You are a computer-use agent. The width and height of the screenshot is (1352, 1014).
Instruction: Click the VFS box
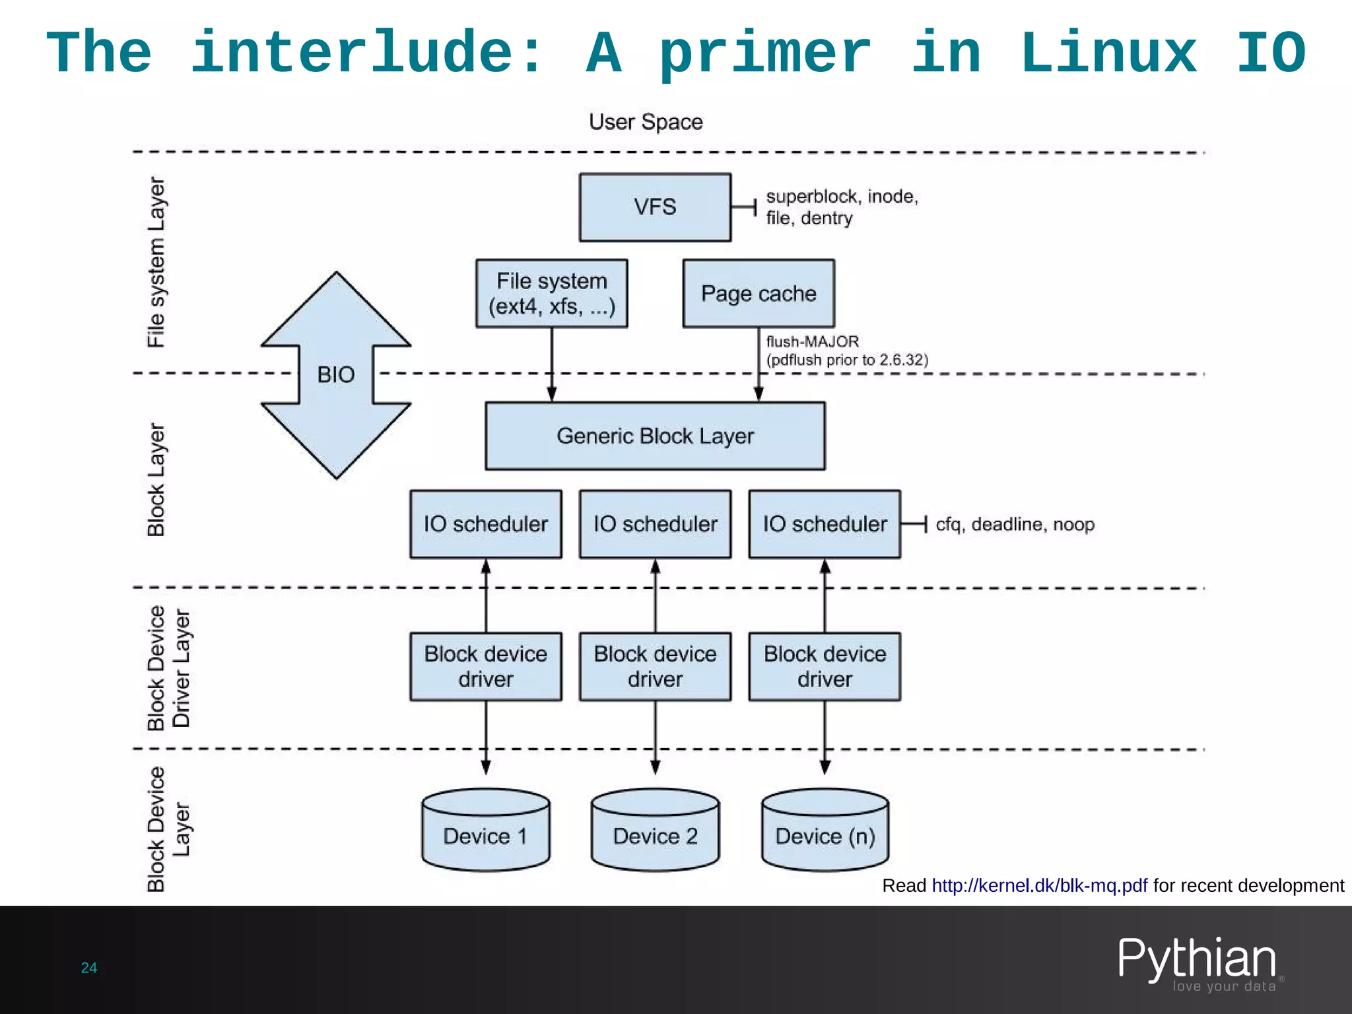click(655, 207)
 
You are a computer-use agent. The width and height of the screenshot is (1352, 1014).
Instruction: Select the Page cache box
click(759, 293)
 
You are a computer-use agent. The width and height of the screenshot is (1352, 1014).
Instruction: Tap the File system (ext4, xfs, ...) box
click(552, 293)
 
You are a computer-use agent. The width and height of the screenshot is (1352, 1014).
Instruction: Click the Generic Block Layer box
click(655, 436)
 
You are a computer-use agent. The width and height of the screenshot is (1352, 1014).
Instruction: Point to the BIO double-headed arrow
click(336, 375)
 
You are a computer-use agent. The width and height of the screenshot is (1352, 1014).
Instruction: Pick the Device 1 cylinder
click(486, 830)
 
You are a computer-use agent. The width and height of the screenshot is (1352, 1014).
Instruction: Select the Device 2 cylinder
click(655, 830)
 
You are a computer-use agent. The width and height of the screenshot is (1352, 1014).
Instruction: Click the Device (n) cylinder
click(825, 830)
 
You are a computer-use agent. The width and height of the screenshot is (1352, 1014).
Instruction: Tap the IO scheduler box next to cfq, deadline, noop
click(825, 524)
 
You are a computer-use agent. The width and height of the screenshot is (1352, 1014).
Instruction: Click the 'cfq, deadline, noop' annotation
click(1015, 524)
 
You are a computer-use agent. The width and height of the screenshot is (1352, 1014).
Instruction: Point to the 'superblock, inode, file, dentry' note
click(842, 207)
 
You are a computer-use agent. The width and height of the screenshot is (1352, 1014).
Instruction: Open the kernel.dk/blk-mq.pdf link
click(1039, 885)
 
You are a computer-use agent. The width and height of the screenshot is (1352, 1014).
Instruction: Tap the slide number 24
click(89, 968)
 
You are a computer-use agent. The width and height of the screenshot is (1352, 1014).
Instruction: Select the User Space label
click(646, 122)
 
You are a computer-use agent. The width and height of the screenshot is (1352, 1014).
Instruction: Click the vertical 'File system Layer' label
click(156, 262)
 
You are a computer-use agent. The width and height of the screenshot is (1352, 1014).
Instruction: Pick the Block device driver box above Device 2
click(655, 667)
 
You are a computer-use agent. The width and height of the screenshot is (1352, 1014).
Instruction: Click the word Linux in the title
click(1108, 53)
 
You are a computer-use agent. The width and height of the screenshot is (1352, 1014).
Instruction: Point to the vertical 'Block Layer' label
click(156, 480)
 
